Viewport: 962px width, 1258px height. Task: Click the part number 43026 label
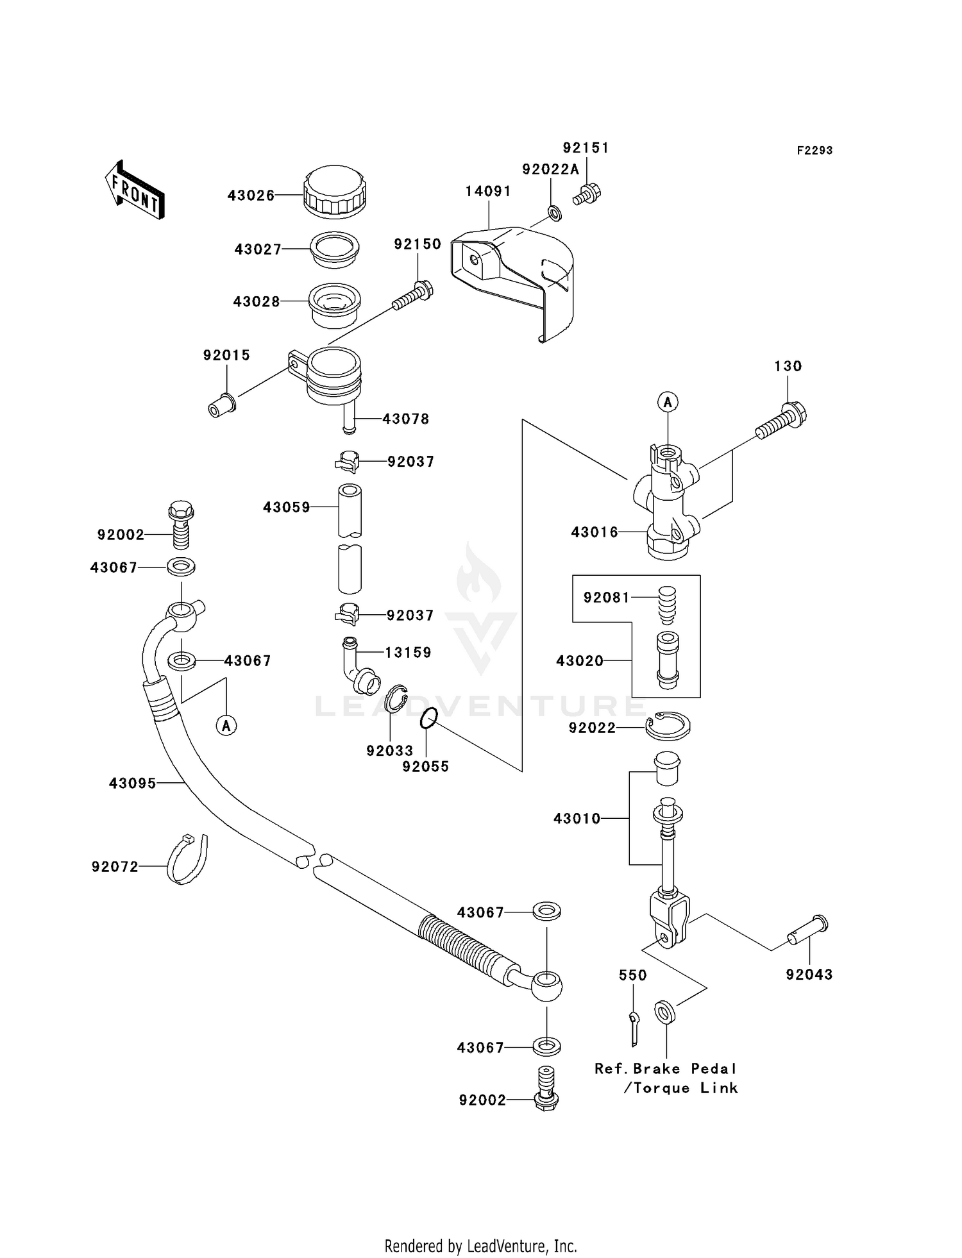[x=251, y=196]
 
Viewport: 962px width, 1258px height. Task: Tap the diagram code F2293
[x=814, y=151]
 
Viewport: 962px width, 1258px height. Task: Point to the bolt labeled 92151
[x=587, y=194]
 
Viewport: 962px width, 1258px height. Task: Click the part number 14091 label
[x=488, y=191]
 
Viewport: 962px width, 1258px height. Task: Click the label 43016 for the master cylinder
[x=595, y=532]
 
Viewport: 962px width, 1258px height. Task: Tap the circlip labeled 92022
[x=668, y=726]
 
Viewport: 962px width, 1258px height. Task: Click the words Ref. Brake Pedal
[x=665, y=1069]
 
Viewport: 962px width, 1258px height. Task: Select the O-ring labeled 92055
[x=429, y=718]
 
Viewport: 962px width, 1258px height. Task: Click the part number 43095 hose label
[x=132, y=783]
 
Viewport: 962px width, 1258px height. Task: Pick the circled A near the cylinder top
[x=668, y=403]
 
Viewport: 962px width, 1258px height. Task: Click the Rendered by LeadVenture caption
[x=480, y=1246]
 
